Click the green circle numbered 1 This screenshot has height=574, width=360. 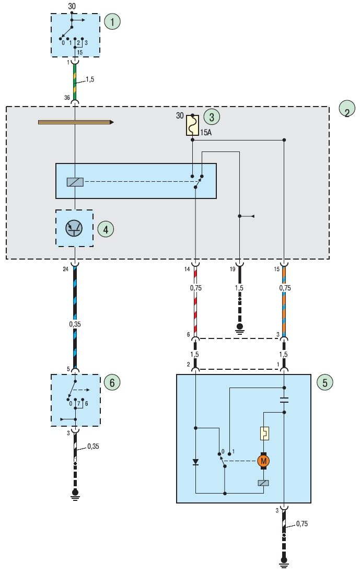(x=112, y=21)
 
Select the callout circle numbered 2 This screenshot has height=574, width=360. (x=346, y=110)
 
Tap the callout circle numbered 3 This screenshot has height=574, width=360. (x=211, y=117)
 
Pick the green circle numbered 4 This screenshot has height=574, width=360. (x=106, y=229)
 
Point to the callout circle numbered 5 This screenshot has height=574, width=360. (x=324, y=382)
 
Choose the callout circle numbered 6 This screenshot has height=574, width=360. (x=112, y=382)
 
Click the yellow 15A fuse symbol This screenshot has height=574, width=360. (x=192, y=125)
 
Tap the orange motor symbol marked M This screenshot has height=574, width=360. (x=263, y=461)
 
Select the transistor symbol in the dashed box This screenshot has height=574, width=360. (x=74, y=228)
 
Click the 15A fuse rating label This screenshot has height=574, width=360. (x=206, y=133)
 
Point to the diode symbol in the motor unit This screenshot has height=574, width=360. (x=195, y=462)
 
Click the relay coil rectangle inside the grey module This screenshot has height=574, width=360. (x=75, y=182)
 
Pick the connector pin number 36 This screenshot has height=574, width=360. (x=67, y=98)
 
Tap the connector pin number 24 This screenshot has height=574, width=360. (x=65, y=269)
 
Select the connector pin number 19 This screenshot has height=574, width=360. (x=233, y=269)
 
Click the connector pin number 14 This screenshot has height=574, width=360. (x=187, y=269)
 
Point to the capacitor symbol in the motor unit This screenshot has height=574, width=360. (x=284, y=400)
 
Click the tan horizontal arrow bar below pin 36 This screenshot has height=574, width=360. (x=76, y=122)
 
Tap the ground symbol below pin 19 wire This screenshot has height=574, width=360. (x=239, y=328)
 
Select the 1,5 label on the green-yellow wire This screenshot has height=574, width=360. (x=90, y=79)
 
